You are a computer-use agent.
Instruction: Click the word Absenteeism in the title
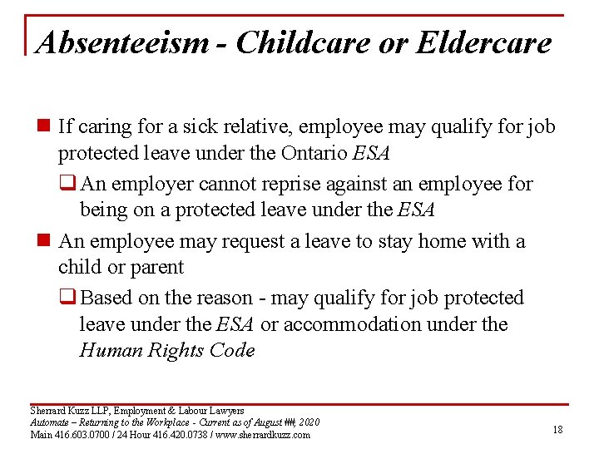click(x=121, y=42)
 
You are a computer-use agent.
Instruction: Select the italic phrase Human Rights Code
click(x=167, y=351)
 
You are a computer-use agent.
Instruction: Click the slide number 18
click(x=557, y=428)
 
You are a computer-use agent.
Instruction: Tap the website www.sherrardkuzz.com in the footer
click(x=263, y=434)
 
